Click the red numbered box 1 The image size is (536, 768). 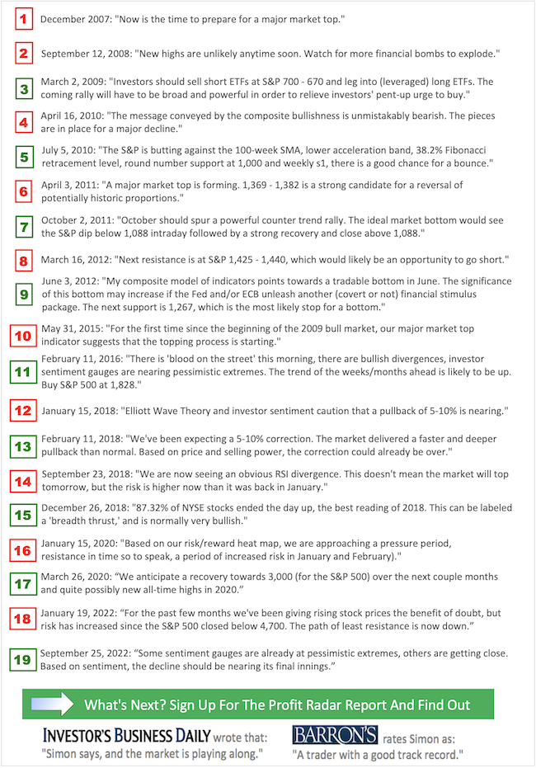24,18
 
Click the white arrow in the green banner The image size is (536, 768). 52,704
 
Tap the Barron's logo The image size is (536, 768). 335,734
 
